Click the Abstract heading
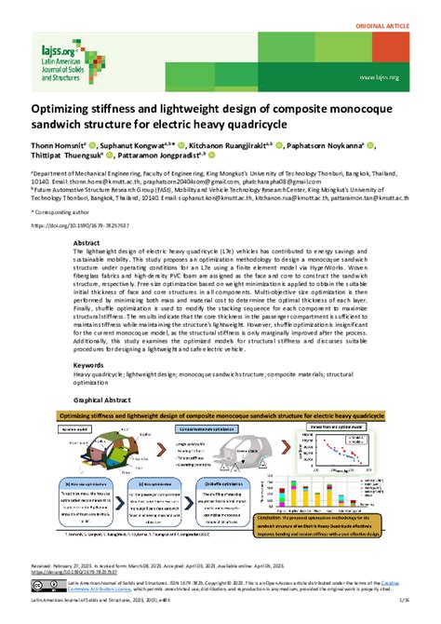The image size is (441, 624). (87, 241)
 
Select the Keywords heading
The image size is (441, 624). (89, 366)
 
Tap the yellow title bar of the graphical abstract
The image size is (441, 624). (220, 414)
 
